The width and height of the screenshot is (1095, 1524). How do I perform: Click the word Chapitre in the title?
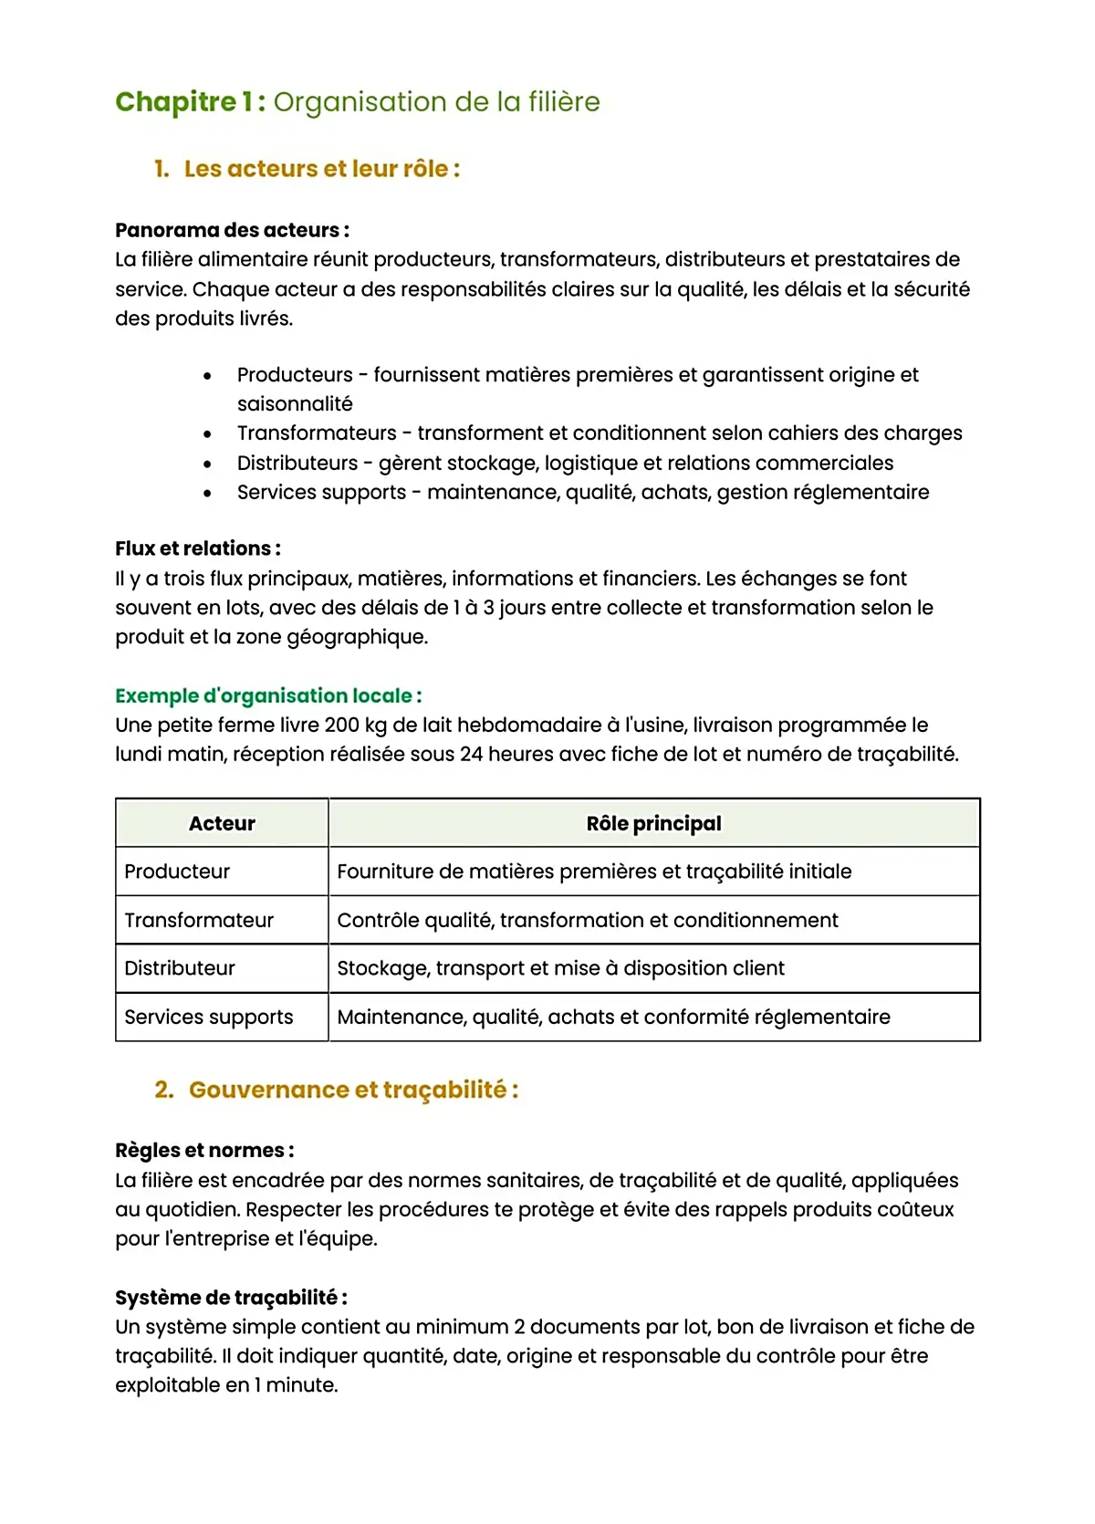[176, 102]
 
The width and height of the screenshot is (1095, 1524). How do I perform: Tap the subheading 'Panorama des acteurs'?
[232, 230]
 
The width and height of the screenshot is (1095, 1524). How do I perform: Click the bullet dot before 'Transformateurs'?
[208, 434]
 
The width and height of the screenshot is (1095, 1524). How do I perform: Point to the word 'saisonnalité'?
[295, 403]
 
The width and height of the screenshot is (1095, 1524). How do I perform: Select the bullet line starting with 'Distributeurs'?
[565, 464]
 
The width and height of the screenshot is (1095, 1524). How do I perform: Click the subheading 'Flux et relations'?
[197, 548]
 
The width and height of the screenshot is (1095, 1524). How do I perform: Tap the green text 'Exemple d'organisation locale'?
[267, 695]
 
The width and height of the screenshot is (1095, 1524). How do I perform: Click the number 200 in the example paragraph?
[341, 725]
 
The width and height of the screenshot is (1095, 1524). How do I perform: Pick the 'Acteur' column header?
[222, 823]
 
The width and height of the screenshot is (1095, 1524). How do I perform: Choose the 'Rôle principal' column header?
[653, 823]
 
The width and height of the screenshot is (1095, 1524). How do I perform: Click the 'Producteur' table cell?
[177, 872]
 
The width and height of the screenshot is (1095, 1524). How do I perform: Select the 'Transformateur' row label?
[199, 920]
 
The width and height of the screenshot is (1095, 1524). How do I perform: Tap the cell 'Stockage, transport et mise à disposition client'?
[560, 968]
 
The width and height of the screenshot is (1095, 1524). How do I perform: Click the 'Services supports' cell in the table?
[209, 1017]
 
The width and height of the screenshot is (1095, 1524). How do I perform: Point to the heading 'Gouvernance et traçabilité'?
[353, 1090]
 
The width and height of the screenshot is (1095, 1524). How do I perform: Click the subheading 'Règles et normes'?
[203, 1150]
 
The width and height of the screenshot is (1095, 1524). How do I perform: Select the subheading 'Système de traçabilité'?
[230, 1298]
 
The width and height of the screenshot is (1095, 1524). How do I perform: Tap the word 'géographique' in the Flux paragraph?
[357, 637]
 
